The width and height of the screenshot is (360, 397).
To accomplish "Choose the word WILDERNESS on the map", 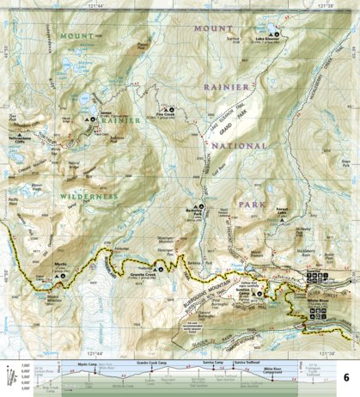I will pos(88,197).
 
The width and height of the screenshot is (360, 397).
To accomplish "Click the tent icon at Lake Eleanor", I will pos(279,34).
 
